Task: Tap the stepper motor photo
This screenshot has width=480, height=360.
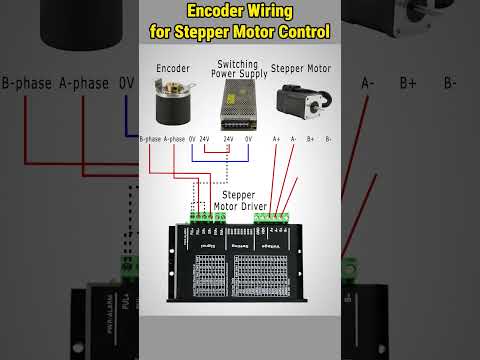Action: click(x=301, y=103)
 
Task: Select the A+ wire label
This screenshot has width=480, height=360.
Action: click(x=277, y=139)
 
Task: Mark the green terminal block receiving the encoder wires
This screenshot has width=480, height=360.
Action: click(x=204, y=216)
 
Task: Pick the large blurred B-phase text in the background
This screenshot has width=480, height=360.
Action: click(x=26, y=83)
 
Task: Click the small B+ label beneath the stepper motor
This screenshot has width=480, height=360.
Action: click(x=310, y=139)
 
